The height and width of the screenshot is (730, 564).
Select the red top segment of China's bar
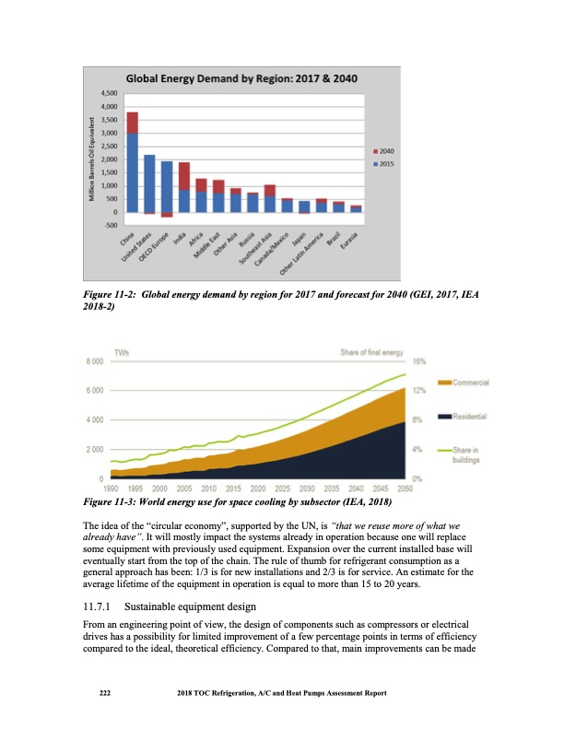click(133, 123)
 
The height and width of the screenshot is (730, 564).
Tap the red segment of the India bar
click(184, 175)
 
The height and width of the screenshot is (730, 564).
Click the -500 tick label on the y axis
click(109, 226)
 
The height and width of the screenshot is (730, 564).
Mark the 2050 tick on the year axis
click(404, 488)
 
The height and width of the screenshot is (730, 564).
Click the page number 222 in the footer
click(105, 692)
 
